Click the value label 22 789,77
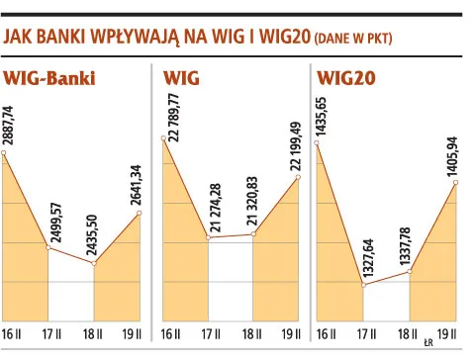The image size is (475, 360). pos(174,124)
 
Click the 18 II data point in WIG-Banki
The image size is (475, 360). pos(94,263)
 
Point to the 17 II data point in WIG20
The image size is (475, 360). pos(365,286)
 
